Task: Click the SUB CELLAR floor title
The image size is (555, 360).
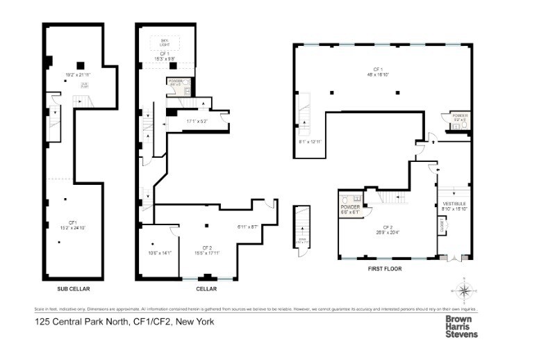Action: [x=74, y=288]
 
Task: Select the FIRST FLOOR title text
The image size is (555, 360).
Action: [x=385, y=268]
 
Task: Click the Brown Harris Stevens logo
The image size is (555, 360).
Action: [x=461, y=326]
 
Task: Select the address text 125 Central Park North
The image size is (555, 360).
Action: [x=125, y=322]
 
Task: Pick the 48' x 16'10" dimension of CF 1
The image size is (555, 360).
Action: [x=379, y=74]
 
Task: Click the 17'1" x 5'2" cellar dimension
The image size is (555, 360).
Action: [x=197, y=122]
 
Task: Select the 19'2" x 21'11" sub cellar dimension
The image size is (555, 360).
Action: [x=78, y=75]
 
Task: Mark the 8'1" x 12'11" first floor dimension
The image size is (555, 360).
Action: [x=309, y=142]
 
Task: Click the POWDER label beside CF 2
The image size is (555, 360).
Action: [x=349, y=208]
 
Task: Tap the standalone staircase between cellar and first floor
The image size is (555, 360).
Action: [x=301, y=230]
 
